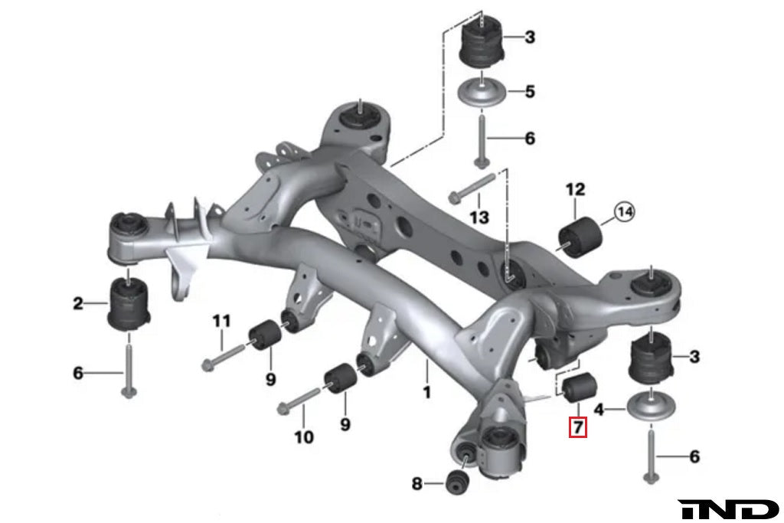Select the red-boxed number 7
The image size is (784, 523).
(577, 427)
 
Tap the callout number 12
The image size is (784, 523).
(575, 188)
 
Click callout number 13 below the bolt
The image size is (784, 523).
(479, 217)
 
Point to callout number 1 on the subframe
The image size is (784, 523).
(426, 392)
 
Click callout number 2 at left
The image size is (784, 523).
(78, 304)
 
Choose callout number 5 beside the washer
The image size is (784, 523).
(550, 92)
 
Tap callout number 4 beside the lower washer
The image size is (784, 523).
(600, 410)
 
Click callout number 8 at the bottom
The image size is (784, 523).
(416, 483)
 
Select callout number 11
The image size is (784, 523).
(221, 321)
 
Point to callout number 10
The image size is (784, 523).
(304, 437)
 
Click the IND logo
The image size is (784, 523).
(728, 509)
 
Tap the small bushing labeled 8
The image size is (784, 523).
(457, 482)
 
